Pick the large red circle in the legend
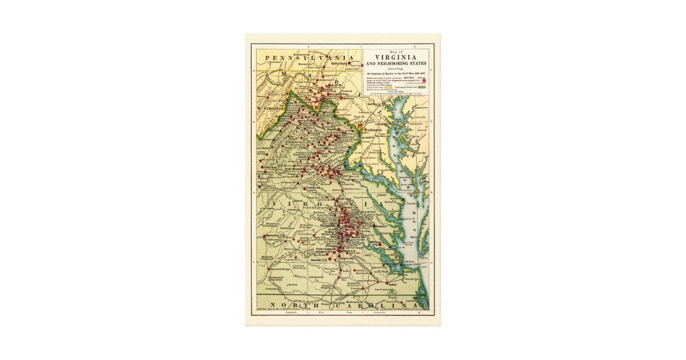[424, 81]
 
